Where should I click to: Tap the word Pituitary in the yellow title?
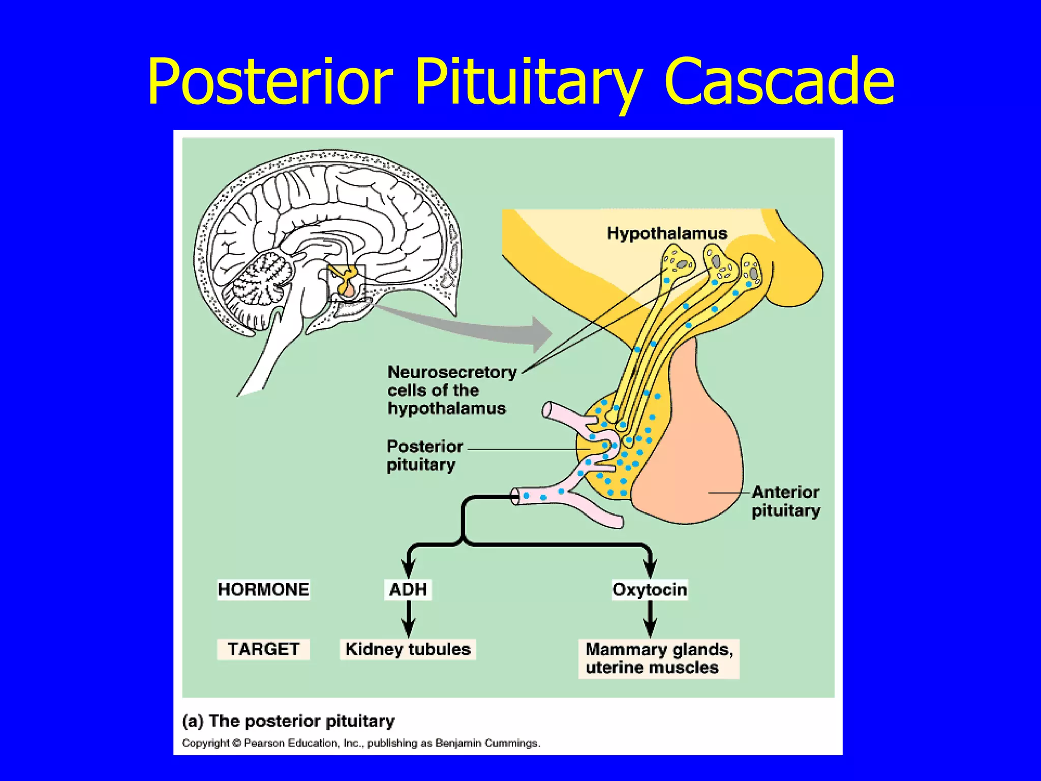point(529,84)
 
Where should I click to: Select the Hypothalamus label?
point(667,233)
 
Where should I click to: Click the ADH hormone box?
point(408,590)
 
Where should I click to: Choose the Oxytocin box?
point(650,590)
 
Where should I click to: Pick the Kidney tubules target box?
point(408,649)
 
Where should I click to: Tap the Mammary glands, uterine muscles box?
point(659,658)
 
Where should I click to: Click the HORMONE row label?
point(263,590)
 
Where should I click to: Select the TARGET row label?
point(263,649)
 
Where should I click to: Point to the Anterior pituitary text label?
point(785,501)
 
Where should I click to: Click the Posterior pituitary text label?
point(424,455)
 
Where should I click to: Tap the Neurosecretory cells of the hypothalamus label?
point(451,390)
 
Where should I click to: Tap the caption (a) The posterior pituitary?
point(288,721)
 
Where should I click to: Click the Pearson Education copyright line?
point(361,743)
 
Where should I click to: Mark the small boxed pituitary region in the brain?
point(347,283)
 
